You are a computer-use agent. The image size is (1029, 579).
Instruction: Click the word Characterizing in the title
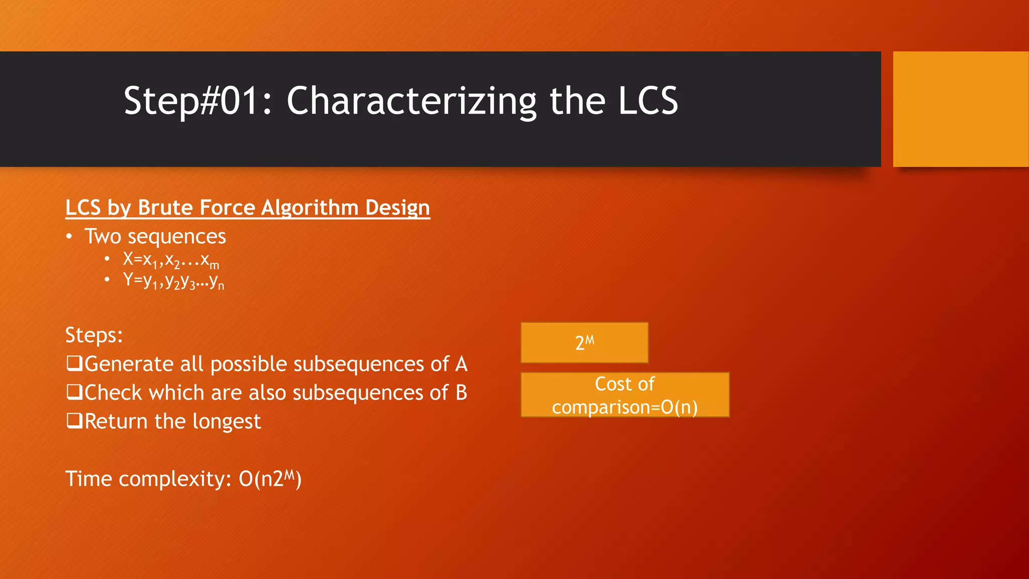[411, 101]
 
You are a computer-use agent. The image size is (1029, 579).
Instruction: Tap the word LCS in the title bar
[648, 101]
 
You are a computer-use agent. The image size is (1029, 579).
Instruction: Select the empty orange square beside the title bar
[960, 109]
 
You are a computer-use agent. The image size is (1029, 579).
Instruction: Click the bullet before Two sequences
[69, 237]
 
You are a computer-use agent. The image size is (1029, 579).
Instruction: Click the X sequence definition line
[171, 260]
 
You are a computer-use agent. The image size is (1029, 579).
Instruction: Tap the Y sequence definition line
[173, 281]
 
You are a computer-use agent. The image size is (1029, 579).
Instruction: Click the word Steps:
[94, 335]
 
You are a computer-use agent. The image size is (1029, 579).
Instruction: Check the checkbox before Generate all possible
[74, 363]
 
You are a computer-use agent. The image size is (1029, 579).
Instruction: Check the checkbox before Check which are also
[74, 392]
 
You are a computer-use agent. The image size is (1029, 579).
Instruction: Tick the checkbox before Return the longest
[74, 420]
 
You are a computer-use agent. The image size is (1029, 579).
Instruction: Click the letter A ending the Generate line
[461, 364]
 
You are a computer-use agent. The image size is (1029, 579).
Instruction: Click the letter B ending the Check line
[461, 393]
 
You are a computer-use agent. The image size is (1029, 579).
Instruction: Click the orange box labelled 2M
[584, 343]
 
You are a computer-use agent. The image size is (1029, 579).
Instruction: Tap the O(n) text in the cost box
[679, 407]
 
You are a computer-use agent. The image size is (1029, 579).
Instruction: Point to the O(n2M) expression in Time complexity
[270, 478]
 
